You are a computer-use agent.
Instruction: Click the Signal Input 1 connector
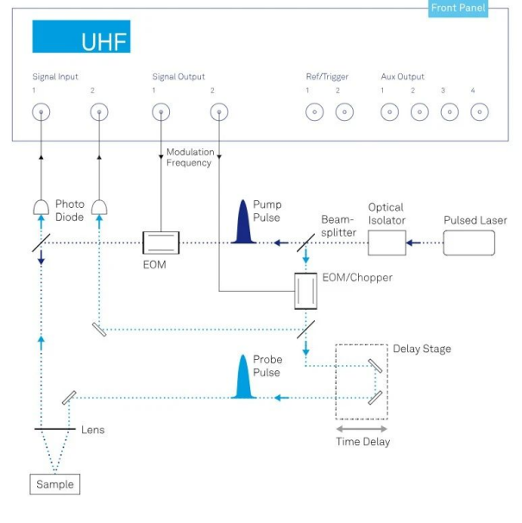tap(41, 112)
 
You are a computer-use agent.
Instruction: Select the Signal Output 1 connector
tap(160, 112)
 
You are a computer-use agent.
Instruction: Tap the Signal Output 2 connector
tap(220, 112)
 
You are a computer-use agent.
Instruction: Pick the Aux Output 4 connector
tap(480, 112)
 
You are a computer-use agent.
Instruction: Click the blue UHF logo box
tap(81, 37)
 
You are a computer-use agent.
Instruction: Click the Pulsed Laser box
tap(469, 243)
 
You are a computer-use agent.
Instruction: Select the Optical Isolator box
tap(387, 243)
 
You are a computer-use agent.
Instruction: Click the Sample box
tap(54, 484)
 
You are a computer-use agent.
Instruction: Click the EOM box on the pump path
tap(160, 243)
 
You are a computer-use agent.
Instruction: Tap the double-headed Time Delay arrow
tap(362, 428)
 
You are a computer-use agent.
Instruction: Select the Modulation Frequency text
tap(190, 157)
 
